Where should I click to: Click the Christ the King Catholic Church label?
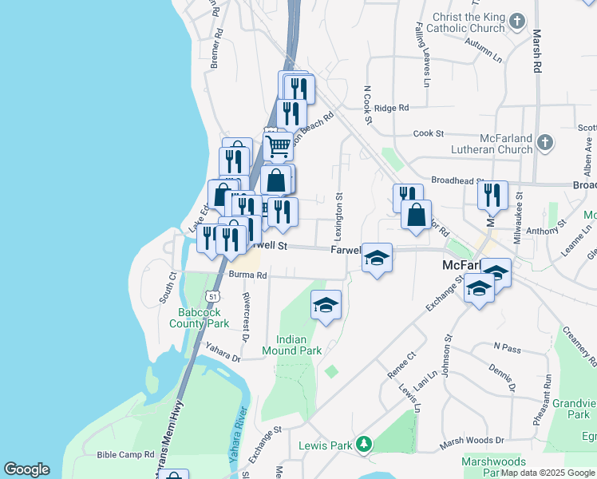469,22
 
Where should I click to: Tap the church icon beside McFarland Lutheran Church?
544,143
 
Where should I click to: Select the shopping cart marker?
278,146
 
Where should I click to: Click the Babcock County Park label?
199,318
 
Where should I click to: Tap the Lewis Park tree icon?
363,443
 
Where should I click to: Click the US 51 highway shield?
212,295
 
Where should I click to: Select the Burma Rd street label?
247,275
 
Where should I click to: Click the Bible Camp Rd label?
125,454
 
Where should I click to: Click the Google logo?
26,469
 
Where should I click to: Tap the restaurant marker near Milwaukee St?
492,195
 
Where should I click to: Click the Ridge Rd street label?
391,108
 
